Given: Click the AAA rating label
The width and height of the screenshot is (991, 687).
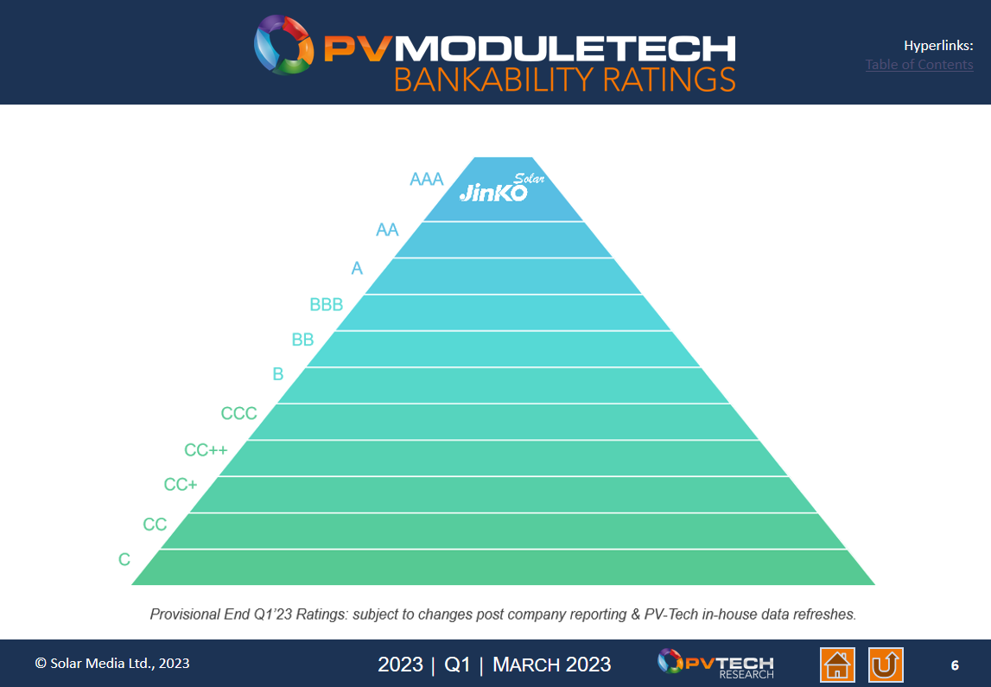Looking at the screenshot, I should pyautogui.click(x=426, y=180).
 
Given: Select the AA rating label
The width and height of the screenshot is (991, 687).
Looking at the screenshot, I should pyautogui.click(x=387, y=230).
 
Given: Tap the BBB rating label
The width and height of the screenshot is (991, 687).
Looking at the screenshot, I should pyautogui.click(x=326, y=304).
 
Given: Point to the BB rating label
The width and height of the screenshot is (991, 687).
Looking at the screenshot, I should pyautogui.click(x=302, y=340).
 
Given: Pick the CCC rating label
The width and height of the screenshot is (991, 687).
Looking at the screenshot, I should pyautogui.click(x=238, y=414).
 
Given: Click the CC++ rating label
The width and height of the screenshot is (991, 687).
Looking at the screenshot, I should pyautogui.click(x=206, y=450).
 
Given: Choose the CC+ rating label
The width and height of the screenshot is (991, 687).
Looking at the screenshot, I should pyautogui.click(x=181, y=485).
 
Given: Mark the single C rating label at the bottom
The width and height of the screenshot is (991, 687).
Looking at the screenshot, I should pyautogui.click(x=124, y=560).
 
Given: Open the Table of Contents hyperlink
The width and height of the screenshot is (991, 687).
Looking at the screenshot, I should pyautogui.click(x=919, y=65).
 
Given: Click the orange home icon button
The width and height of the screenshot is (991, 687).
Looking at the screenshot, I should pyautogui.click(x=837, y=665).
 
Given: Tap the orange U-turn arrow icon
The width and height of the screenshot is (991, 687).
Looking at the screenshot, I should pyautogui.click(x=886, y=665).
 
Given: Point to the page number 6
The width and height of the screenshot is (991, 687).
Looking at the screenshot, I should pyautogui.click(x=955, y=665).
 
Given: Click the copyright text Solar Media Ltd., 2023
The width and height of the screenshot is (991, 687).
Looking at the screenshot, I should pyautogui.click(x=112, y=664).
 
